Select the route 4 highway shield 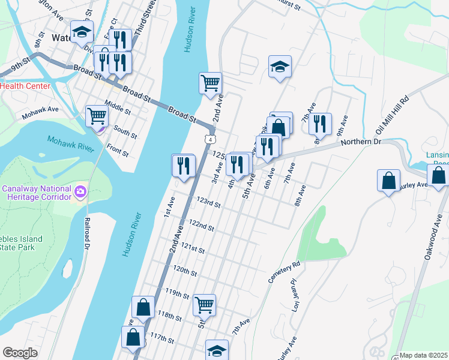pos(208,139)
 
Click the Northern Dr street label pos(361,142)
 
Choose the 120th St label pos(185,270)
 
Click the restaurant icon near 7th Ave pos(321,124)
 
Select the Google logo pos(20,353)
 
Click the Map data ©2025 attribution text pos(423,355)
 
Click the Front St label pos(118,149)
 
